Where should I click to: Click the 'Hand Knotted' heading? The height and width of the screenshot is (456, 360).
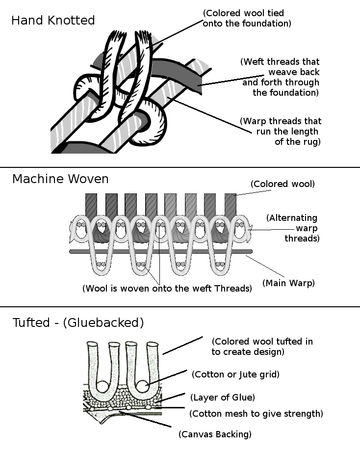[x=53, y=21]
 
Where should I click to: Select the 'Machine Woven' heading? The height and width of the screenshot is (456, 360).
[x=60, y=179]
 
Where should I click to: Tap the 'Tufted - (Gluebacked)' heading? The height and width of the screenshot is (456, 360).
[x=78, y=322]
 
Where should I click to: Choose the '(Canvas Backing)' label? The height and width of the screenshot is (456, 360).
[x=215, y=434]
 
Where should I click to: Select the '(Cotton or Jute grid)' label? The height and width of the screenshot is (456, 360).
[x=235, y=375]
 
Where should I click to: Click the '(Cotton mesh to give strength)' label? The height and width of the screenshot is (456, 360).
[x=256, y=414]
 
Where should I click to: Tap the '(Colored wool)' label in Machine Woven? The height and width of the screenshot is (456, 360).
[x=283, y=184]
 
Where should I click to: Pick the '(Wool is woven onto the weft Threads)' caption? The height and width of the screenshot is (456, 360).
[x=167, y=289]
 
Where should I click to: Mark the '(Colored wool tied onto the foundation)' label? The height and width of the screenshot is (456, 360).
[x=247, y=18]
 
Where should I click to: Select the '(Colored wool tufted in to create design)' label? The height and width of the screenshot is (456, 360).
[x=262, y=346]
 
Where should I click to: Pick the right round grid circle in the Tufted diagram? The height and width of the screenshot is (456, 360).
[x=142, y=386]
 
